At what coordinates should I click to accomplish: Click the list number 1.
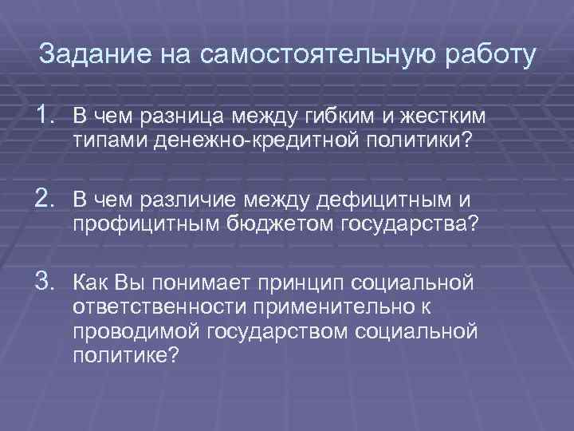(49, 117)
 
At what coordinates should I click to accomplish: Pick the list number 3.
(49, 282)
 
